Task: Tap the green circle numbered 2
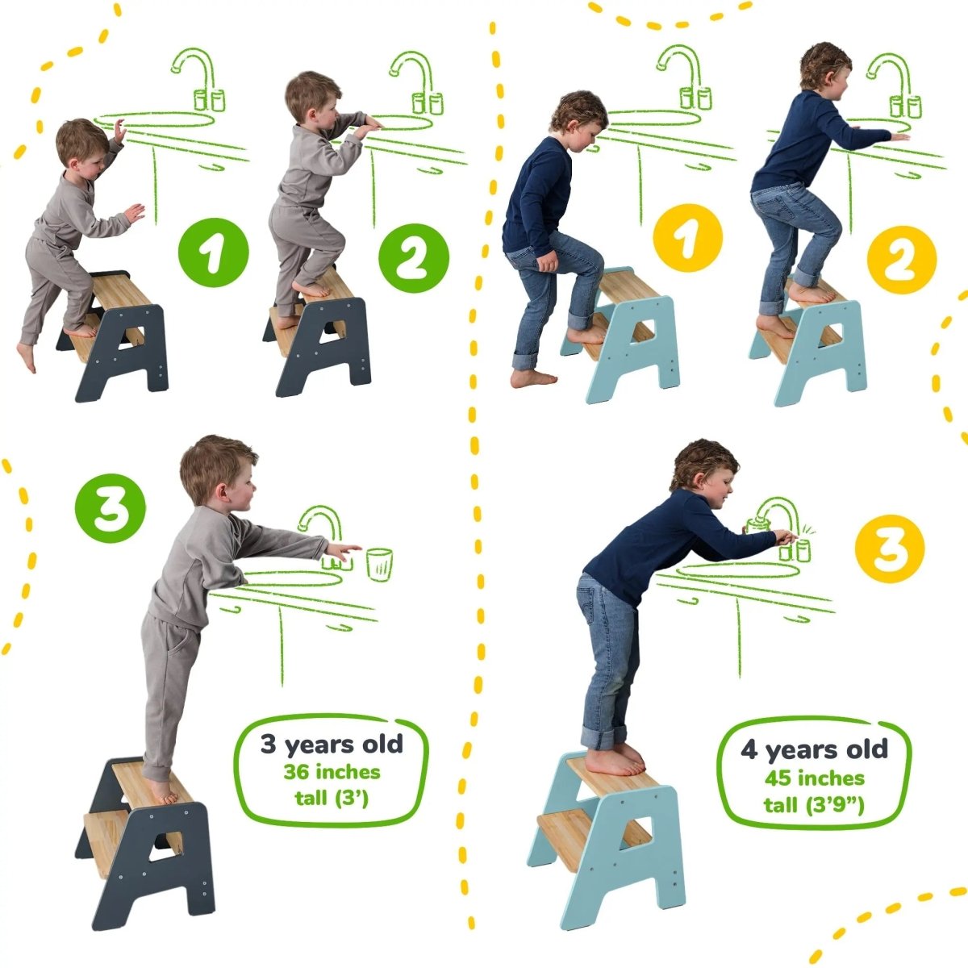coord(414,257)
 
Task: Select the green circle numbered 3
coord(111,512)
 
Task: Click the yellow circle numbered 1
coord(688,238)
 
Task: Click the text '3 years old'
coord(331,744)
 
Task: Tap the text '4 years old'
coord(814,749)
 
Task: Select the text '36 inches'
coord(331,772)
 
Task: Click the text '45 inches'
coord(814,778)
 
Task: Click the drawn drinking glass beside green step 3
coord(379,563)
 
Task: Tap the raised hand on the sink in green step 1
coord(119,131)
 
